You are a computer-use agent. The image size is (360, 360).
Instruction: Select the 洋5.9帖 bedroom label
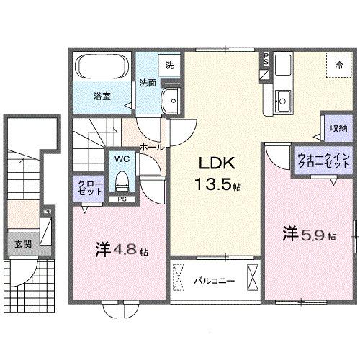307,234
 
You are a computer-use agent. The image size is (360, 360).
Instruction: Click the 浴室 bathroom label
100,94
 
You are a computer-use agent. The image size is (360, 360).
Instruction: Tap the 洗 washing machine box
169,66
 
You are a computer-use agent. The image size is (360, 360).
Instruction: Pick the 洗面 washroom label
148,83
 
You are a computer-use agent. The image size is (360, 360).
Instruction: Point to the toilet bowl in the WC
121,179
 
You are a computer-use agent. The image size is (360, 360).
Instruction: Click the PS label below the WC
122,199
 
